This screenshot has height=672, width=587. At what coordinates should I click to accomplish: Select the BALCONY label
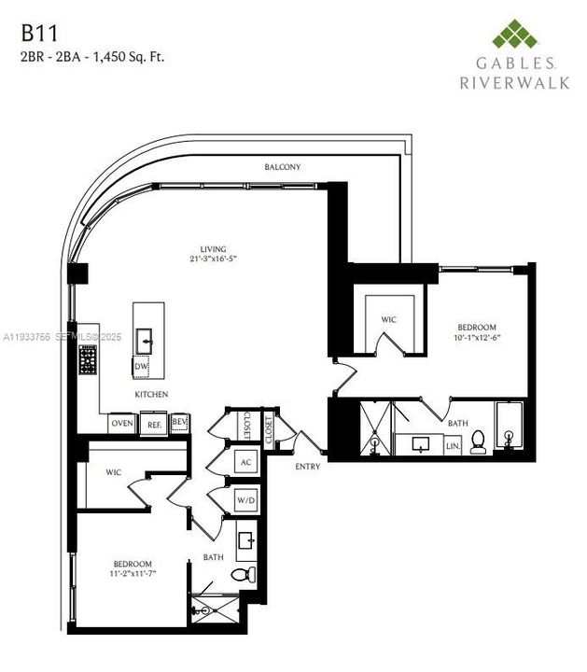(281, 166)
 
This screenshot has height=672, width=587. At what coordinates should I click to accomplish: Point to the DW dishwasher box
(141, 367)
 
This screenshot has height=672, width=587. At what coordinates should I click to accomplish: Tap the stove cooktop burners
(89, 359)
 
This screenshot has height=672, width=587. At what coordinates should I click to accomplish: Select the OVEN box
(122, 423)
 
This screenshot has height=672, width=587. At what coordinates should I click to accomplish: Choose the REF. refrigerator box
(155, 424)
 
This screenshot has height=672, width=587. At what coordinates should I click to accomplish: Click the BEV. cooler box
(180, 422)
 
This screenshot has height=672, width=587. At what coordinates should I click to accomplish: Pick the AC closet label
(246, 462)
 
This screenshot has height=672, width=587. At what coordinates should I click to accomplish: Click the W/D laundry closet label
(246, 499)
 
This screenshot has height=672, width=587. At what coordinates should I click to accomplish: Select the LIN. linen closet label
(454, 446)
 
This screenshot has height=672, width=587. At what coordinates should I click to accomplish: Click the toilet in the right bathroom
(478, 441)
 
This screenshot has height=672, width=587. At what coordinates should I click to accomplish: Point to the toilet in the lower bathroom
(241, 573)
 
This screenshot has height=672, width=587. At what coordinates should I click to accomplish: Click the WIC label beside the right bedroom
(389, 319)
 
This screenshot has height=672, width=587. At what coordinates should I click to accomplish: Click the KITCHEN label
(151, 395)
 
